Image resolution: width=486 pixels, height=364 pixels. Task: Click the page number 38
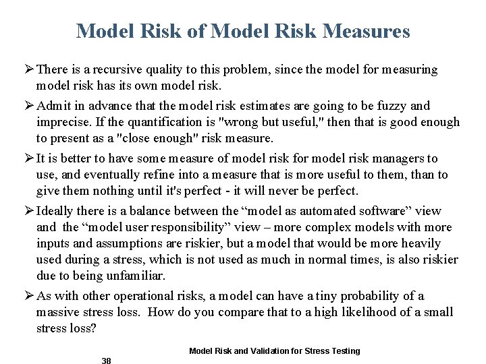[x=106, y=361]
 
